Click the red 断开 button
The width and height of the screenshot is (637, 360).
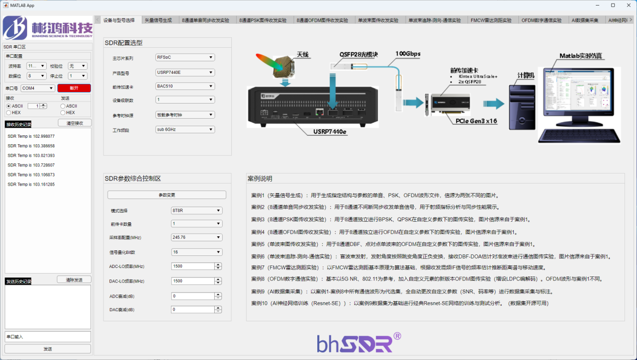74,88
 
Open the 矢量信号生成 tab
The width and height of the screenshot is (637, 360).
158,21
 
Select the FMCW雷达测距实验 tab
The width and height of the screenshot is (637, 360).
491,21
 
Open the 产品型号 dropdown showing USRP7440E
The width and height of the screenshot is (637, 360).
185,72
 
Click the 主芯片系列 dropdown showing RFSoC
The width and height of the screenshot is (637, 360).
185,57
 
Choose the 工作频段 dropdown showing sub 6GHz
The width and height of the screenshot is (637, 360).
185,130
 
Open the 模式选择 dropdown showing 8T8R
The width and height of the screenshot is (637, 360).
197,211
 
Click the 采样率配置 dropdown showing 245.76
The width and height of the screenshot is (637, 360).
197,237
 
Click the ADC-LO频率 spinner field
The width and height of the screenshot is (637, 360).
194,266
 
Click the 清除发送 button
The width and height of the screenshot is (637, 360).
74,280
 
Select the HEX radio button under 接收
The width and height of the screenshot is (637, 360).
9,113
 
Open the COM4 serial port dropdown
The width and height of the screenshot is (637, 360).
38,88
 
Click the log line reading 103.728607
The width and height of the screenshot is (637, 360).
31,165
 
